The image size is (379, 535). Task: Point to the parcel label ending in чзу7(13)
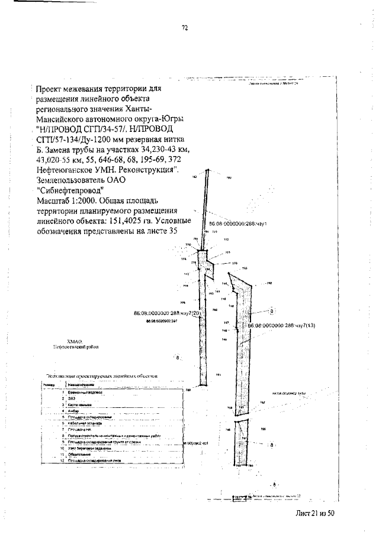tap(278, 326)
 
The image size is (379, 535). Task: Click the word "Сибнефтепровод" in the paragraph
tap(70, 190)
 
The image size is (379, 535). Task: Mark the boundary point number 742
tap(269, 284)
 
